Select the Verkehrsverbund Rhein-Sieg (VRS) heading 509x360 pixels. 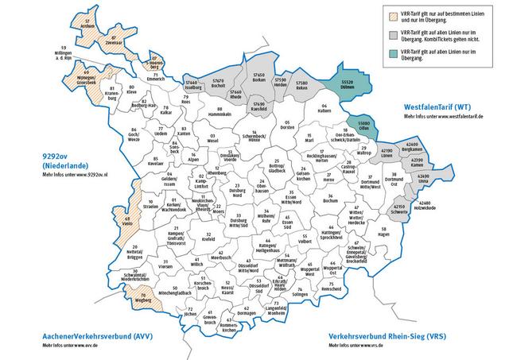tap(384, 338)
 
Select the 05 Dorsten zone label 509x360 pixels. tap(286, 125)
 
